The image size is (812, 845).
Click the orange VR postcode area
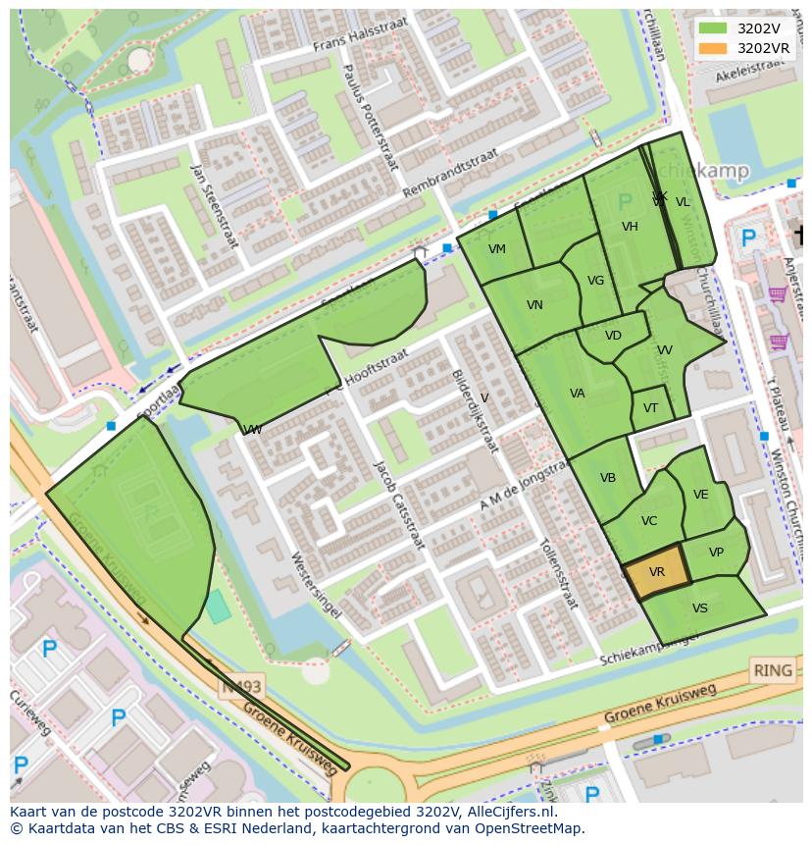656,571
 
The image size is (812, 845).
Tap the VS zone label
699,608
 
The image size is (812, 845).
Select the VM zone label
497,249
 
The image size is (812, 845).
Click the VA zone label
578,394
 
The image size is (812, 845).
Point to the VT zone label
651,408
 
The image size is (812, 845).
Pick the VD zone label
613,336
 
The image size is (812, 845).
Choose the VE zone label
700,495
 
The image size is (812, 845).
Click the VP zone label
716,553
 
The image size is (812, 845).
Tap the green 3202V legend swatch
713,28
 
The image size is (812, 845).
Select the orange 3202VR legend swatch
713,48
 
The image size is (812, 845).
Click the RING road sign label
772,671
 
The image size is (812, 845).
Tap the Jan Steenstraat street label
215,205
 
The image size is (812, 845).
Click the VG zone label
595,281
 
